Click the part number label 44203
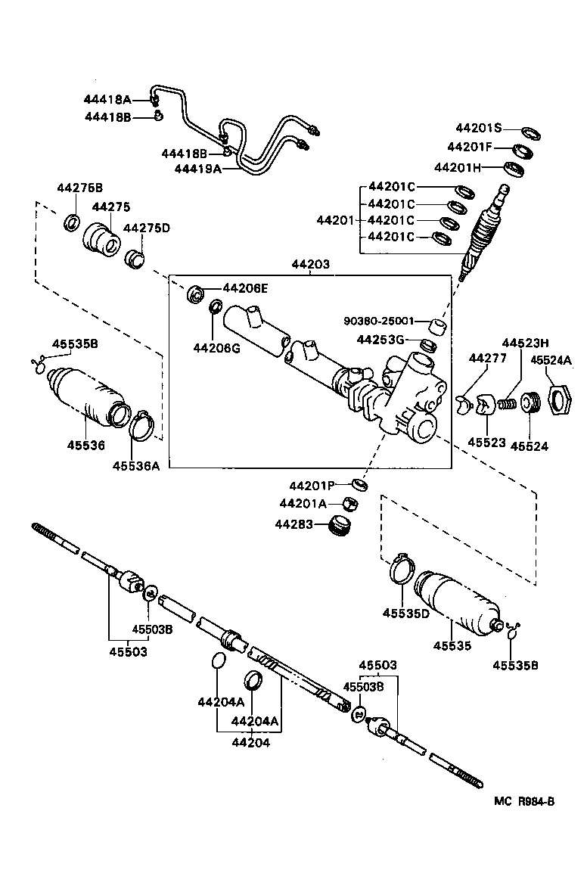tap(310, 265)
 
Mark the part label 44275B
tap(79, 188)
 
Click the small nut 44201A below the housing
tap(351, 502)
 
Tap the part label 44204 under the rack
tap(250, 742)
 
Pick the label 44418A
tap(107, 100)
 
